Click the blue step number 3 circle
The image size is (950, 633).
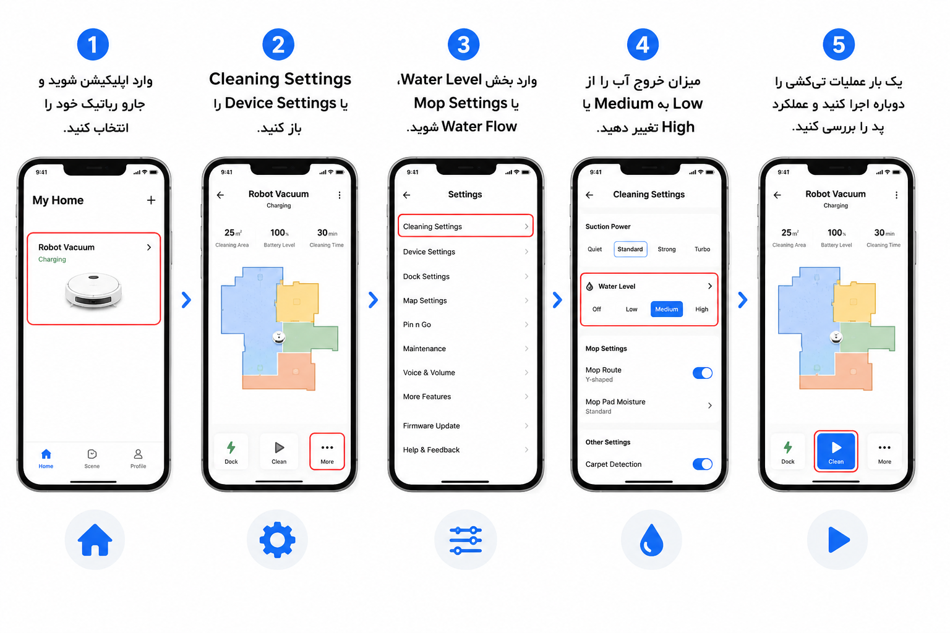coord(463,45)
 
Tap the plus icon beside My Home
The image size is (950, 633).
coord(151,200)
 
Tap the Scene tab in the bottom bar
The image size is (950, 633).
coord(92,458)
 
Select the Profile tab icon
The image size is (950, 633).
coord(138,454)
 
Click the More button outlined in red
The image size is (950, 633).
coord(327,451)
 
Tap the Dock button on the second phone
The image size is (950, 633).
coord(231,452)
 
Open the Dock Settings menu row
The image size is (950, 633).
coord(465,276)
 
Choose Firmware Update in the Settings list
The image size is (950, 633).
coord(465,426)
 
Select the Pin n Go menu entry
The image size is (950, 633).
coord(465,325)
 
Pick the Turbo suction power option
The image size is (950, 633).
coord(702,249)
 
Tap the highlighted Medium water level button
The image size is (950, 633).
coord(666,309)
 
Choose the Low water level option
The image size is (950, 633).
coord(631,309)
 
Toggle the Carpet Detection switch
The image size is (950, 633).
coord(703,464)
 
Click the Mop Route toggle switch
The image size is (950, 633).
coord(703,373)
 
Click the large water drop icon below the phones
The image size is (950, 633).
coord(651,540)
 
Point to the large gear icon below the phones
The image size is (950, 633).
coord(277,540)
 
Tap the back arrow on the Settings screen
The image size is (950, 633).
coord(407,195)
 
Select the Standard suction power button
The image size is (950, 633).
coord(630,249)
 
